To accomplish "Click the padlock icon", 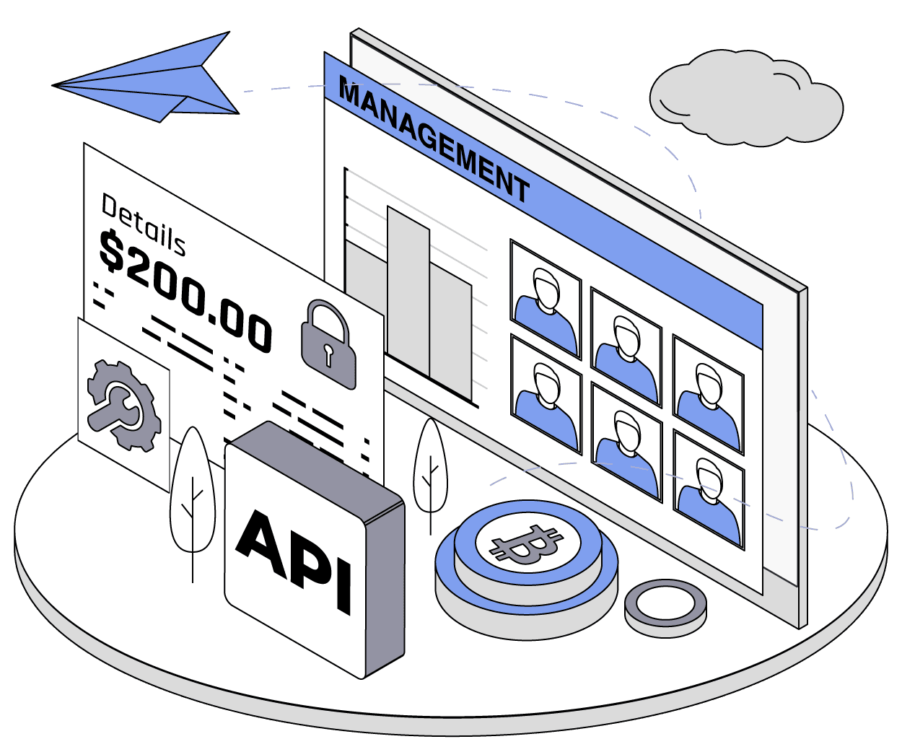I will click(x=328, y=346).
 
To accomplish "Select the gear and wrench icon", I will click(x=123, y=405).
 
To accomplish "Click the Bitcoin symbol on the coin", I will click(x=526, y=544).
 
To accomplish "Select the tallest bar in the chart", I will click(x=408, y=292).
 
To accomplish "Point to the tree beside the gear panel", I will click(x=192, y=491).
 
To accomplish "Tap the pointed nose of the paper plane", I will click(x=55, y=85).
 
